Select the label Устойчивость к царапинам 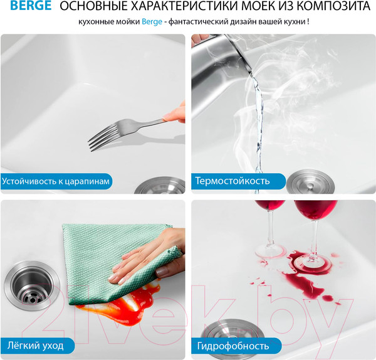[x=56, y=181]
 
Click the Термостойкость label [x=232, y=181]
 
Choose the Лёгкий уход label [x=36, y=344]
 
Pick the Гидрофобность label [x=233, y=344]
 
